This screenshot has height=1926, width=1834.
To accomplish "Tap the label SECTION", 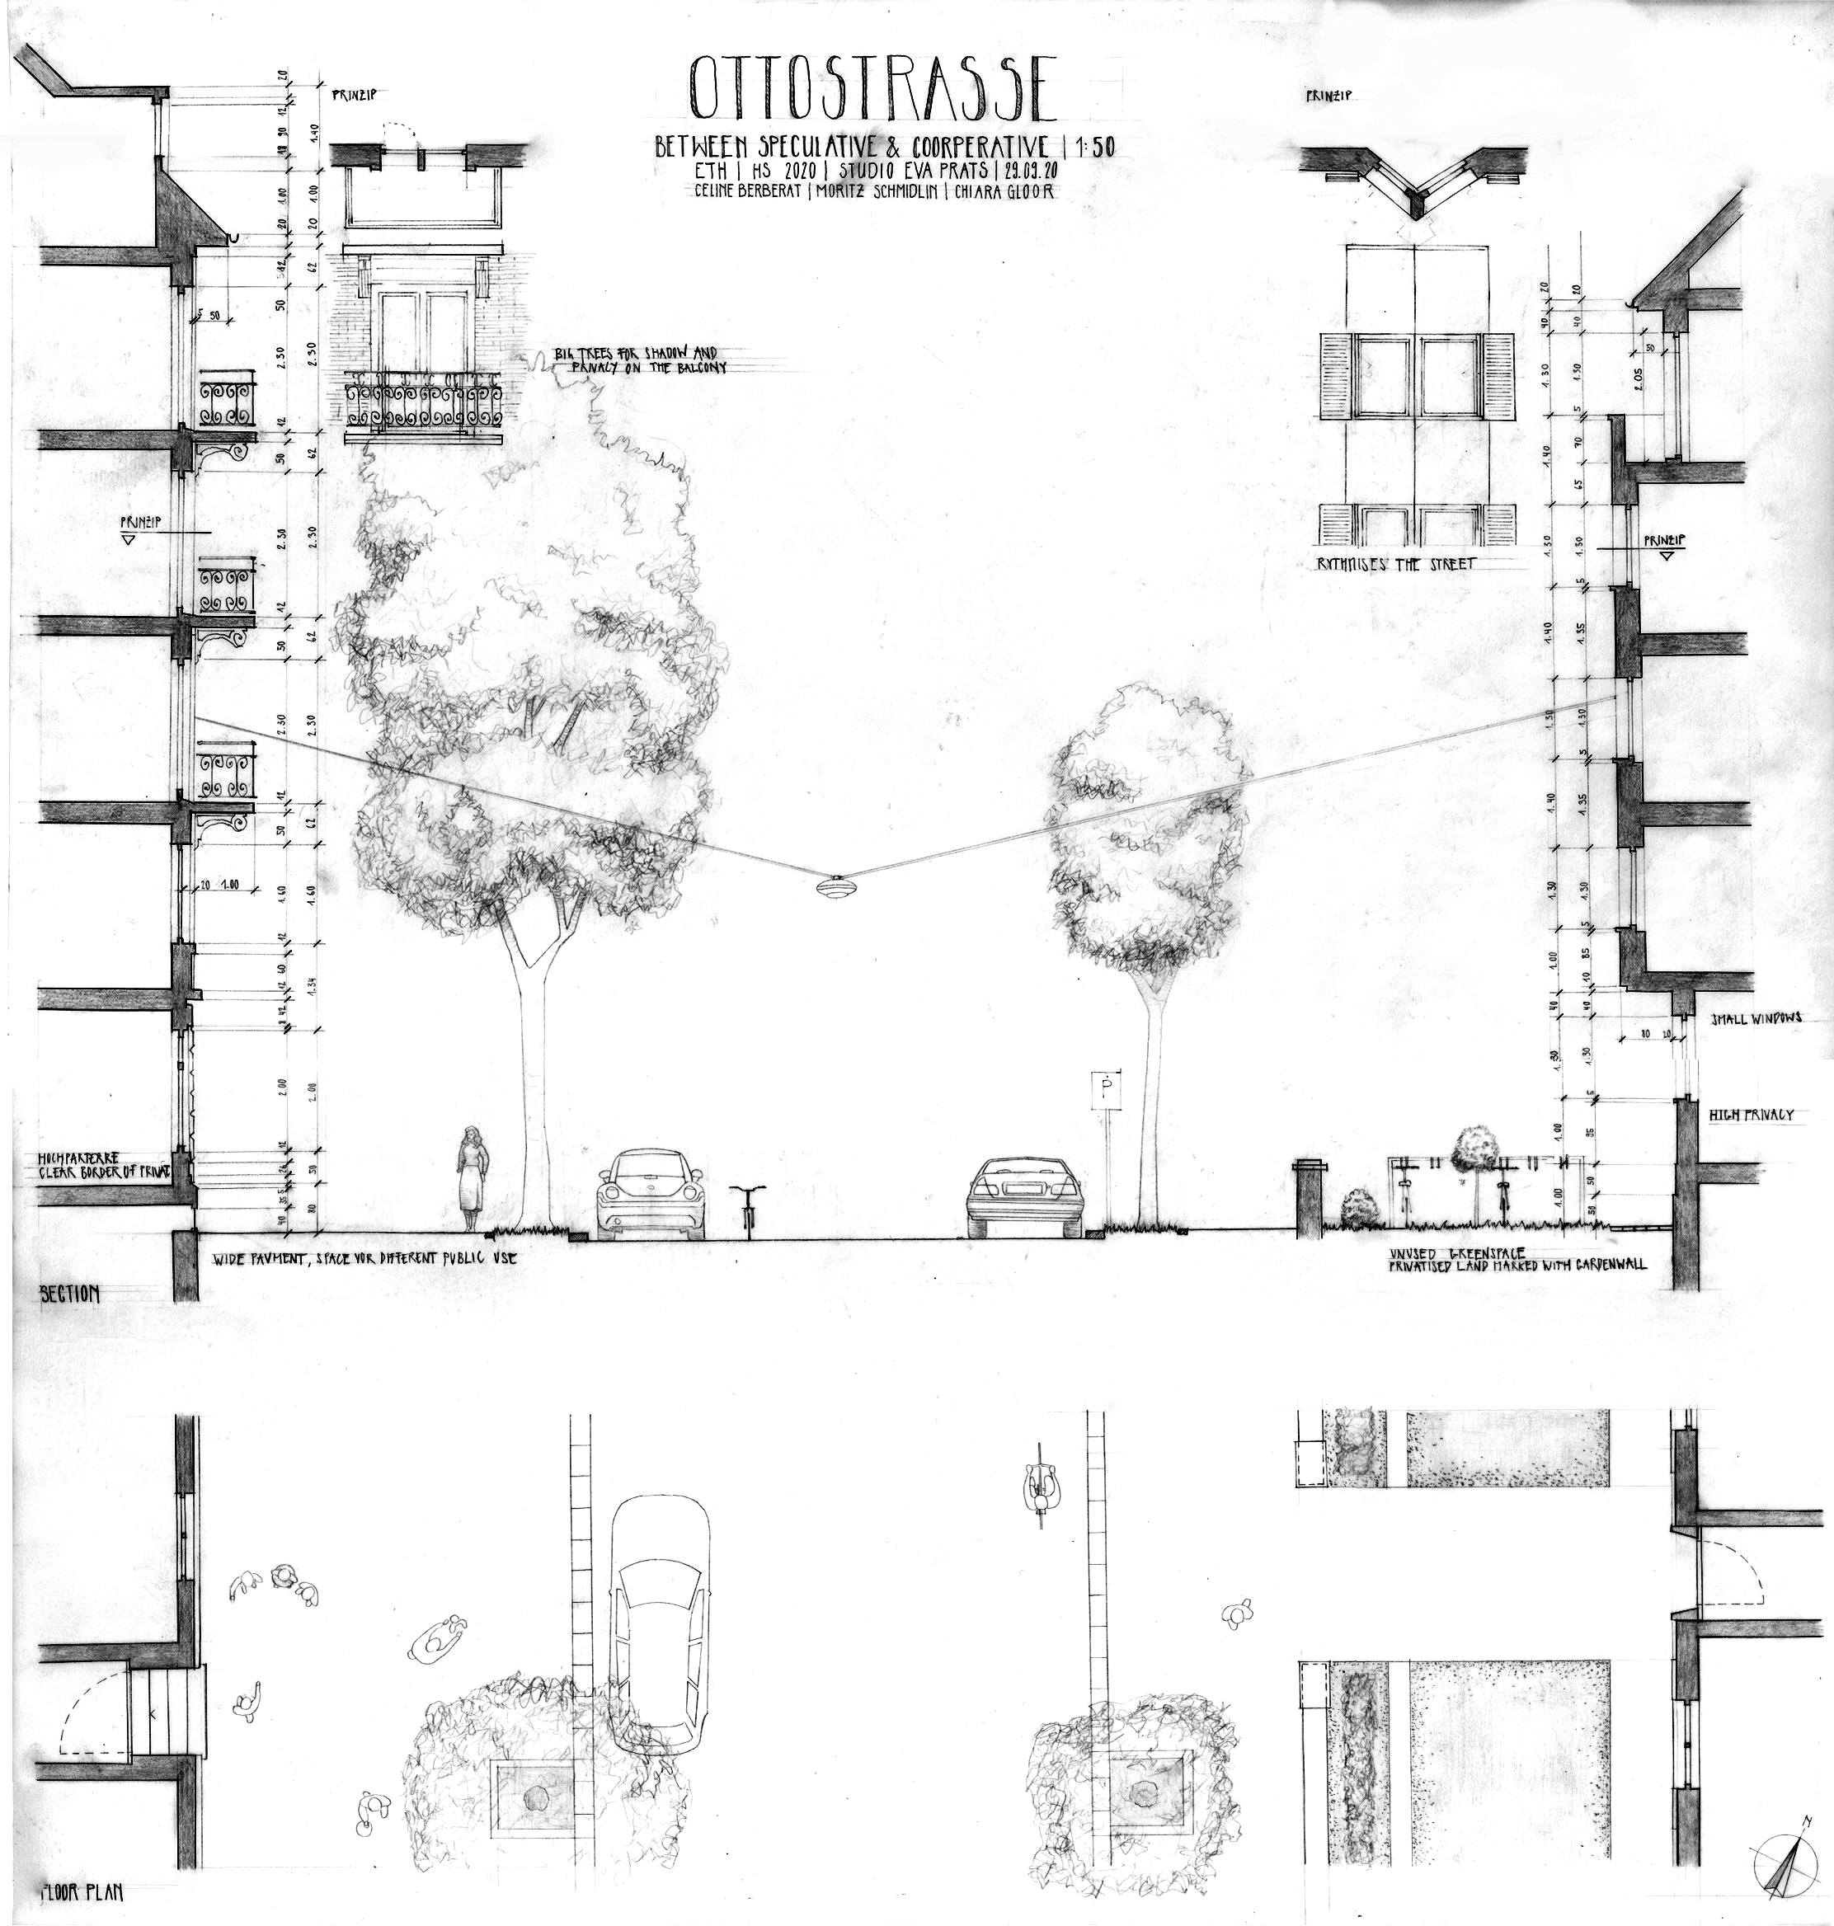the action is tap(69, 1294).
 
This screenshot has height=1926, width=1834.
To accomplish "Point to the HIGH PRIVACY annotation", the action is tap(1750, 1114).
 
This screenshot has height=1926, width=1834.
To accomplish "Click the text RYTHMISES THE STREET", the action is tap(1396, 564).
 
